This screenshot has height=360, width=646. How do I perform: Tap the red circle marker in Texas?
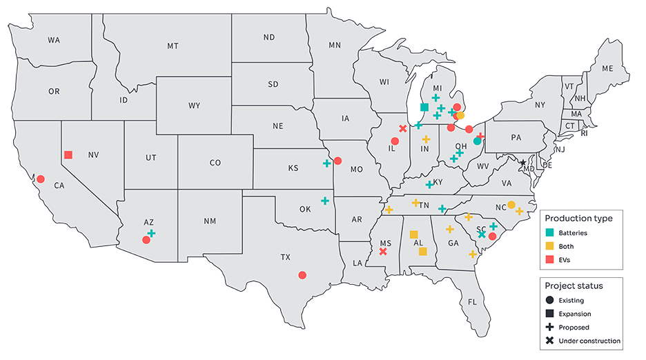click(x=302, y=275)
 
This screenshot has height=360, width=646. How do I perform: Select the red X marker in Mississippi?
click(x=383, y=252)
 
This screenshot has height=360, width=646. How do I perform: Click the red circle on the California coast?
click(x=41, y=178)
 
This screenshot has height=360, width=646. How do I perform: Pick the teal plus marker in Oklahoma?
click(x=324, y=201)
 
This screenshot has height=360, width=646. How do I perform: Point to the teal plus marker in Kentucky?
click(x=429, y=184)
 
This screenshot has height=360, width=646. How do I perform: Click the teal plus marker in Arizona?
click(x=151, y=234)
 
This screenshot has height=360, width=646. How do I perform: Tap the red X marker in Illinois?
click(x=403, y=128)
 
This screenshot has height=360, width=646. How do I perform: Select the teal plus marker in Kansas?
click(x=326, y=163)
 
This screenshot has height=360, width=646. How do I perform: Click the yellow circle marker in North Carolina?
click(x=511, y=204)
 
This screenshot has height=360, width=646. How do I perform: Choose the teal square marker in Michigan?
click(x=424, y=108)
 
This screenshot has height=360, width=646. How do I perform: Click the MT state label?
click(x=173, y=46)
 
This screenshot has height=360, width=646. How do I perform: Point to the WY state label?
click(x=194, y=106)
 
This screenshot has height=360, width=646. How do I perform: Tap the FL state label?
click(x=473, y=302)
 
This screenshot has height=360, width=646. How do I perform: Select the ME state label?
click(x=607, y=68)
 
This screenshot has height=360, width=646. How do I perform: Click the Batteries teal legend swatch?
click(x=549, y=233)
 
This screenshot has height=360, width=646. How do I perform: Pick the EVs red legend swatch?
click(x=549, y=259)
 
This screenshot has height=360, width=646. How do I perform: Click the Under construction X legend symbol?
click(x=549, y=341)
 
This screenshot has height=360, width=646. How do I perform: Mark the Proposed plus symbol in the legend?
click(x=549, y=327)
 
